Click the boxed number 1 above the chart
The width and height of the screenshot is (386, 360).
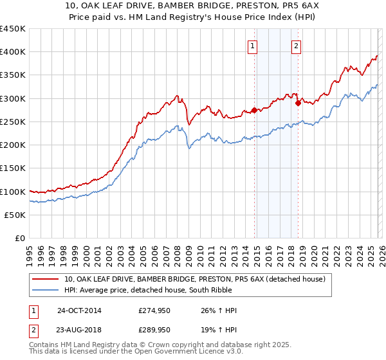252,46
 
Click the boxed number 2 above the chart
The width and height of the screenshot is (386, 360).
296,46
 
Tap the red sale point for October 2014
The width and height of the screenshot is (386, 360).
254,110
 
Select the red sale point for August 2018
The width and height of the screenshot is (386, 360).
298,103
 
